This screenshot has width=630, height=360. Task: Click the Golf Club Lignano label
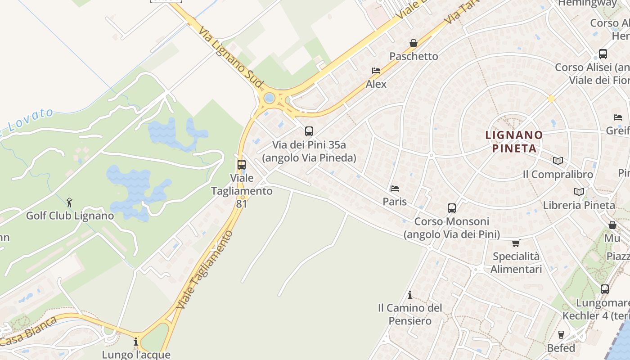pyautogui.click(x=70, y=216)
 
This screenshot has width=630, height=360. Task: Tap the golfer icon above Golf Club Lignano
pyautogui.click(x=69, y=202)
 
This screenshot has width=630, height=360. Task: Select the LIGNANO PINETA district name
pyautogui.click(x=514, y=141)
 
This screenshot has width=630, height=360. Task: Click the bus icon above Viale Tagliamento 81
pyautogui.click(x=242, y=165)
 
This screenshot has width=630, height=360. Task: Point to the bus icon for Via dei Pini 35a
pyautogui.click(x=309, y=131)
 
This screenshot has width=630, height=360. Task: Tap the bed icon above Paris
pyautogui.click(x=395, y=189)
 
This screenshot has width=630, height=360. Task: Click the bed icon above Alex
pyautogui.click(x=376, y=71)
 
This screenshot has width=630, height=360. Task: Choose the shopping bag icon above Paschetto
pyautogui.click(x=414, y=43)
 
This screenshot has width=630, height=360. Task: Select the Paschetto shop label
pyautogui.click(x=414, y=56)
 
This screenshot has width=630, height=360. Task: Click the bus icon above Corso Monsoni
pyautogui.click(x=452, y=208)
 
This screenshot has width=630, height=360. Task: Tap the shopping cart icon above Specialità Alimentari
pyautogui.click(x=516, y=243)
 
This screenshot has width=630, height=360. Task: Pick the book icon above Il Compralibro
pyautogui.click(x=558, y=161)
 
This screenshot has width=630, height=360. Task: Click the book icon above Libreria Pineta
pyautogui.click(x=579, y=192)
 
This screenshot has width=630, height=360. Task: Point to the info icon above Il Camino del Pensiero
pyautogui.click(x=410, y=295)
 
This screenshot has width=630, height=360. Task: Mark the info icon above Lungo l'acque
pyautogui.click(x=136, y=342)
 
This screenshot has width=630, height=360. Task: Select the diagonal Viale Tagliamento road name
pyautogui.click(x=205, y=270)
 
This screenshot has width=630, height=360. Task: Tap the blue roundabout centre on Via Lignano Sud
pyautogui.click(x=270, y=98)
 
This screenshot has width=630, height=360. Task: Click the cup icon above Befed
pyautogui.click(x=561, y=335)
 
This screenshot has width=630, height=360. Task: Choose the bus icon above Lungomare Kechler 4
pyautogui.click(x=605, y=289)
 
